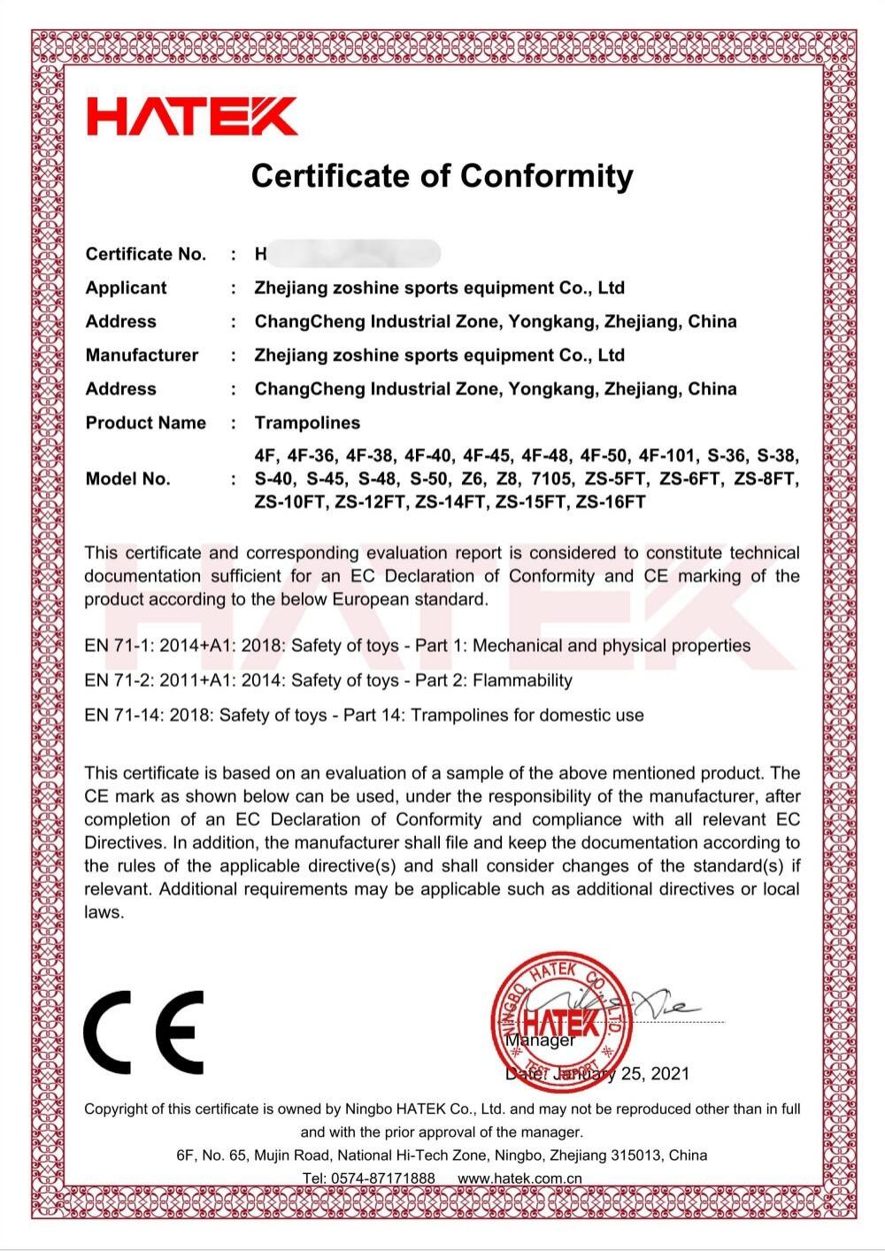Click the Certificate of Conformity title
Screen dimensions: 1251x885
(442, 175)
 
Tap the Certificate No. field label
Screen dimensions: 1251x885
(146, 255)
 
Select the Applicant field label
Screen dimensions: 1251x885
(126, 288)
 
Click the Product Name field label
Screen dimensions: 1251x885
(146, 423)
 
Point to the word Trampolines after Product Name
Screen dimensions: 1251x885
(307, 423)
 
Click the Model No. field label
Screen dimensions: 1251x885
(127, 479)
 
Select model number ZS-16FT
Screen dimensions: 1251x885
(611, 503)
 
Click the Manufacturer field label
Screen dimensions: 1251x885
(142, 355)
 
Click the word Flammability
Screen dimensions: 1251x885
(523, 680)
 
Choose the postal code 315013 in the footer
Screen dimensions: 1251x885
(637, 1155)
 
